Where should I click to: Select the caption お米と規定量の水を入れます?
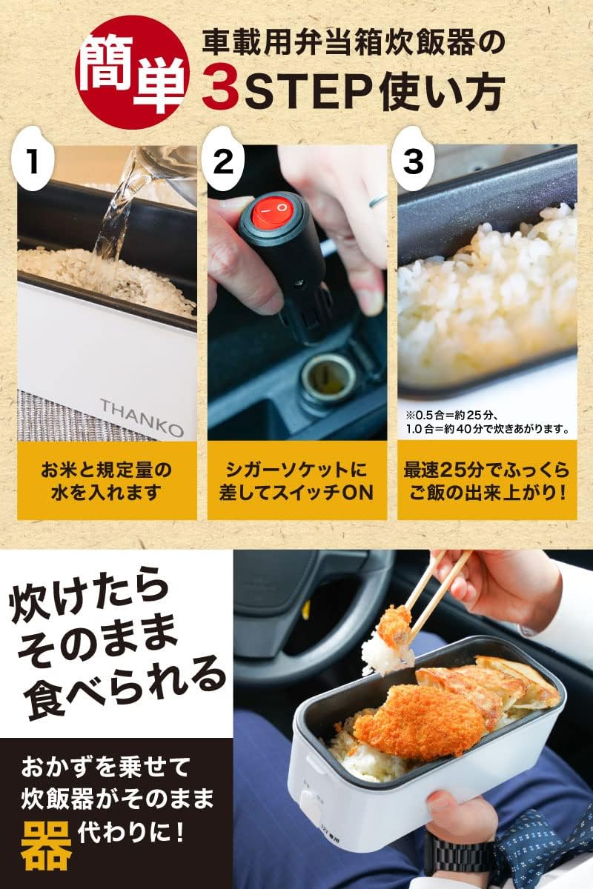coord(107,481)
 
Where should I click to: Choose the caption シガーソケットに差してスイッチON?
coord(297,481)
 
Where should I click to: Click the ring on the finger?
coord(377,200)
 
